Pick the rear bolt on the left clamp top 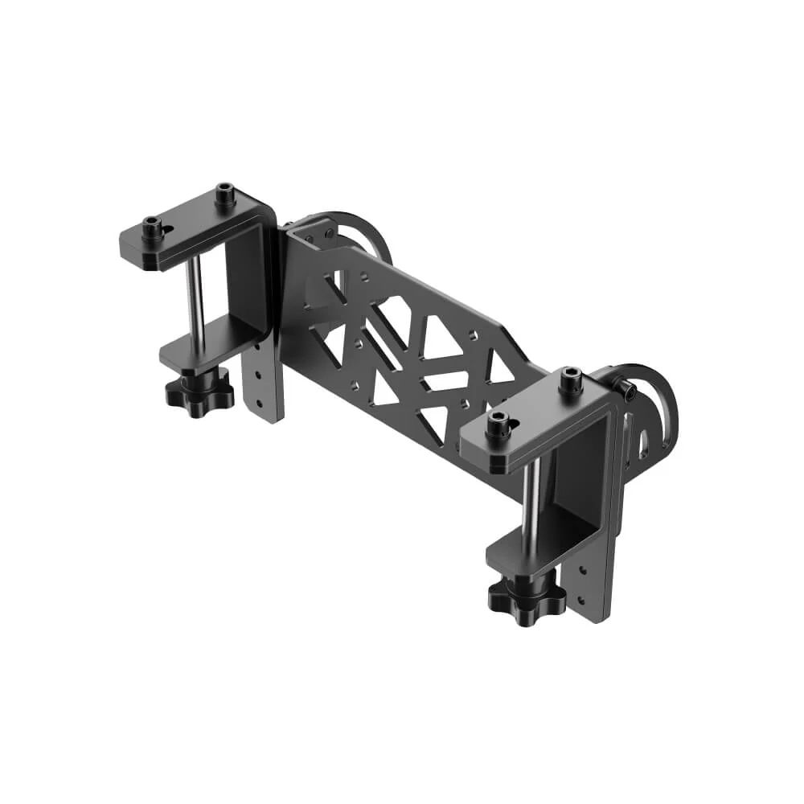tap(224, 194)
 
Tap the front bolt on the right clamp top tap(498, 425)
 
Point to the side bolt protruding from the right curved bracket tap(627, 390)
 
